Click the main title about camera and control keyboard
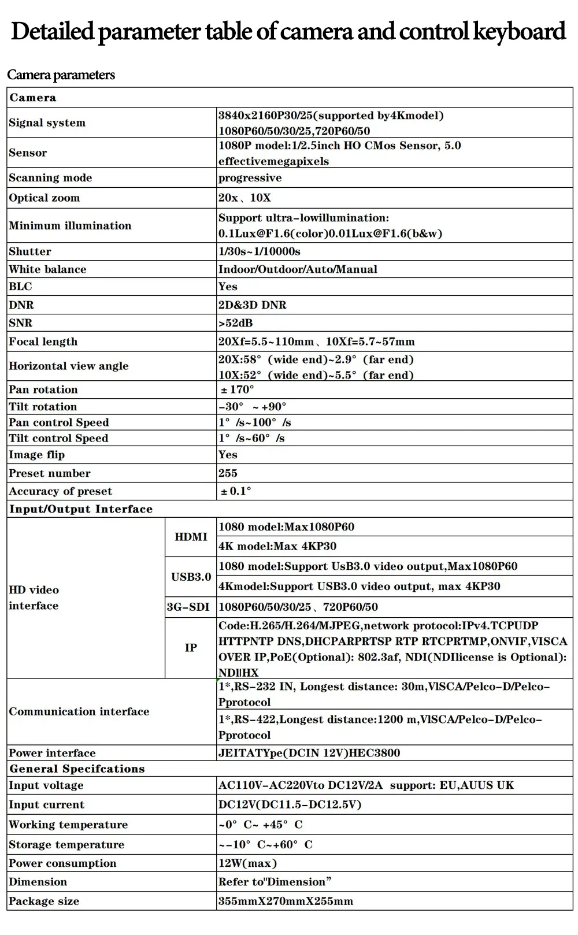click(x=288, y=32)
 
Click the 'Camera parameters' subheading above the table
click(x=61, y=75)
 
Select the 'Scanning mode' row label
click(x=50, y=177)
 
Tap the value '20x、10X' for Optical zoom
click(x=244, y=198)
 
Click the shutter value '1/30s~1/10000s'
click(x=259, y=251)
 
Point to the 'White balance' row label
click(x=47, y=269)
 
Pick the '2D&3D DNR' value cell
click(x=252, y=305)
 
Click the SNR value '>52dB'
click(x=235, y=322)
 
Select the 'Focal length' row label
click(x=43, y=342)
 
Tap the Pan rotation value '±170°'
click(x=237, y=389)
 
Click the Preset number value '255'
click(x=228, y=473)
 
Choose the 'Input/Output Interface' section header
click(x=81, y=509)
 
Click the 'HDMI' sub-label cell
click(x=191, y=537)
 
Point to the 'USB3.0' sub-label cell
click(x=191, y=577)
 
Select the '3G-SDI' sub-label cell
click(x=188, y=607)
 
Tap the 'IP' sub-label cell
click(x=191, y=648)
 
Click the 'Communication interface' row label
click(x=79, y=711)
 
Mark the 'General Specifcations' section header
click(x=77, y=769)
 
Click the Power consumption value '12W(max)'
click(x=247, y=863)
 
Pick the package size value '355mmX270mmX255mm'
click(x=286, y=901)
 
